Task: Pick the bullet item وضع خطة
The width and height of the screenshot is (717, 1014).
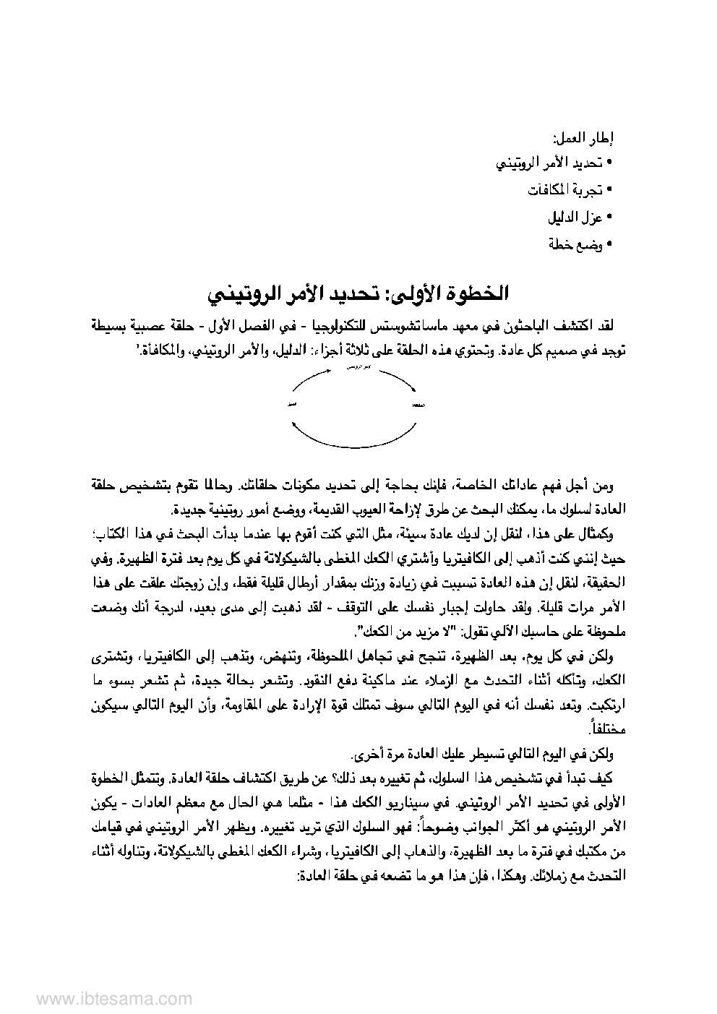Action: [x=575, y=244]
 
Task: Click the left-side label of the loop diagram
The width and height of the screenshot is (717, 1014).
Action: [x=293, y=403]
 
